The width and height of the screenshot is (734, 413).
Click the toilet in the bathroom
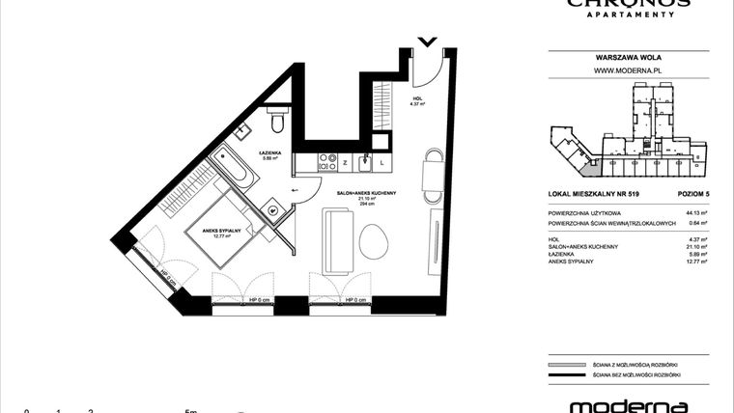277,121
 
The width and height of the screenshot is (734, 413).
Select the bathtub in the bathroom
235,168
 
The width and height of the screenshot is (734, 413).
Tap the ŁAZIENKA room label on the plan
271,153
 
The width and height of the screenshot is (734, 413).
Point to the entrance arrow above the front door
426,41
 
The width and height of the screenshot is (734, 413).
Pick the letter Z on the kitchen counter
332,162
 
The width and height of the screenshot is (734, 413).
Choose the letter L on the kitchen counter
382,162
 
